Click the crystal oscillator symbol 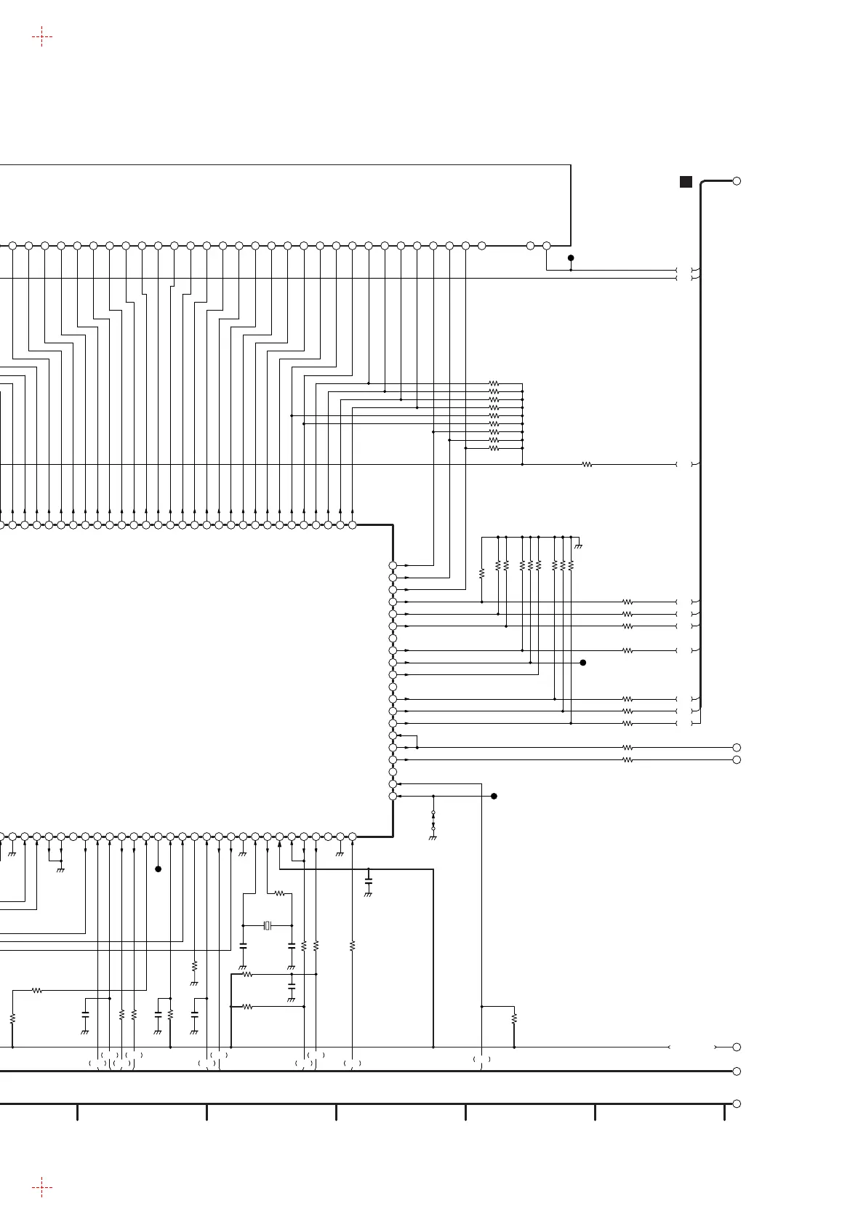pyautogui.click(x=268, y=925)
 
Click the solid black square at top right pyautogui.click(x=686, y=182)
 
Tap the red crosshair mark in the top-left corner pyautogui.click(x=42, y=36)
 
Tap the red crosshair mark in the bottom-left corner pyautogui.click(x=42, y=1188)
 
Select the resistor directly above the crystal pyautogui.click(x=280, y=893)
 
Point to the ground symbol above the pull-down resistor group pyautogui.click(x=579, y=545)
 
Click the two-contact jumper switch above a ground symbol pyautogui.click(x=433, y=820)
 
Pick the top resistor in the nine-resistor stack pyautogui.click(x=494, y=383)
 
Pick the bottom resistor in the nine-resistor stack pyautogui.click(x=494, y=448)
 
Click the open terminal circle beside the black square pyautogui.click(x=737, y=181)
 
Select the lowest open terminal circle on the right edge pyautogui.click(x=737, y=1104)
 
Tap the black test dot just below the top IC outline pyautogui.click(x=571, y=258)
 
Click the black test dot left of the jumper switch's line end pyautogui.click(x=494, y=796)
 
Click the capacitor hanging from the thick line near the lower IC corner pyautogui.click(x=368, y=881)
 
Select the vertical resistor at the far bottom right pyautogui.click(x=514, y=1018)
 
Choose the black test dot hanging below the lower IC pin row pyautogui.click(x=158, y=869)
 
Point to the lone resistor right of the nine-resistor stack pyautogui.click(x=588, y=464)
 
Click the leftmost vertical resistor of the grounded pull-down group pyautogui.click(x=481, y=574)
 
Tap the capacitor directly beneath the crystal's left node pyautogui.click(x=243, y=946)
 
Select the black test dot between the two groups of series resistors pyautogui.click(x=582, y=663)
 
